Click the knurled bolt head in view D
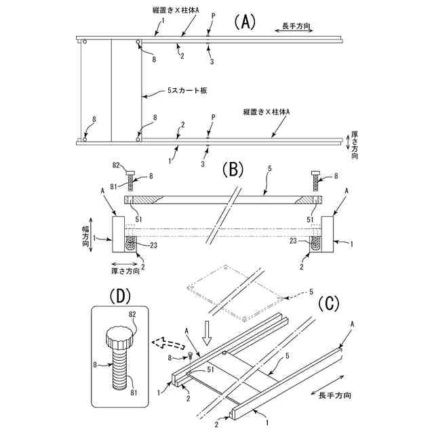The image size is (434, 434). coord(118,338)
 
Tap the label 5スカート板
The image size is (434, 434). coord(186,90)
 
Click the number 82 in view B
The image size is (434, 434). coord(116,165)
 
